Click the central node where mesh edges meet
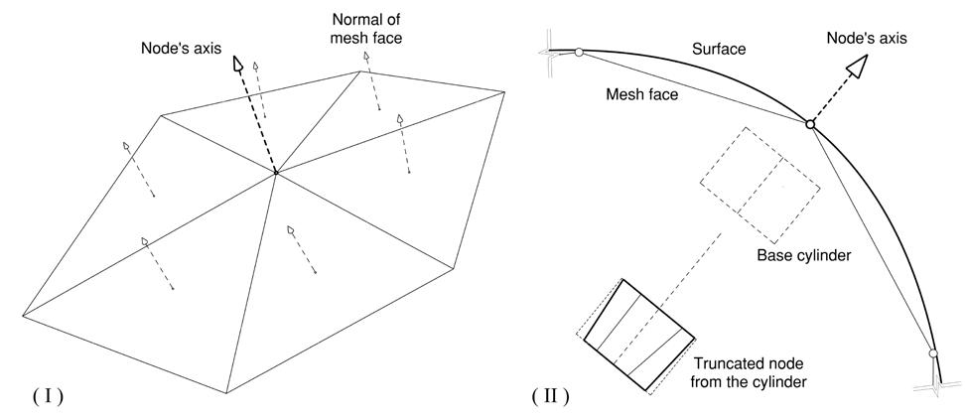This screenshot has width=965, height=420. [x=275, y=175]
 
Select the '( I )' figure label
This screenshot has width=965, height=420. [x=48, y=396]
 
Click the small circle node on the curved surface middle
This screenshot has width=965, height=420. [x=810, y=124]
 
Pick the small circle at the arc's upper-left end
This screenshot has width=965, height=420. [x=579, y=53]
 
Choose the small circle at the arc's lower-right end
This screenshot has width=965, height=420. [x=932, y=353]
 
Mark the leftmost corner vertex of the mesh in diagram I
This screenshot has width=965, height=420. [x=22, y=315]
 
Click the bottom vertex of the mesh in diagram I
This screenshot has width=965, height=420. [x=229, y=391]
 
